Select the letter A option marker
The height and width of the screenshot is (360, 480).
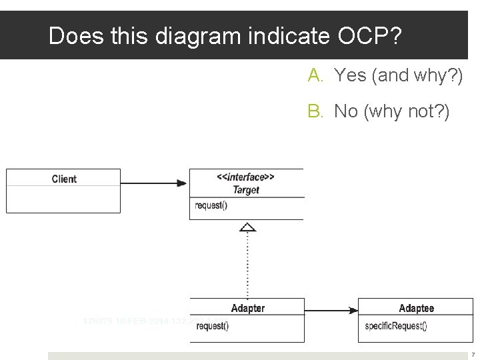click(x=315, y=75)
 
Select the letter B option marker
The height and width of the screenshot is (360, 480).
click(x=315, y=111)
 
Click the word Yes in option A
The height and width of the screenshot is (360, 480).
click(x=351, y=75)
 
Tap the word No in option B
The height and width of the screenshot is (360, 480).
click(x=346, y=111)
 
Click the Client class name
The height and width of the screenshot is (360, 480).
click(x=64, y=179)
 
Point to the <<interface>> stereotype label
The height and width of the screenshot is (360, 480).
click(x=245, y=177)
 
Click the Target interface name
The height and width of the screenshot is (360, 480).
click(x=246, y=190)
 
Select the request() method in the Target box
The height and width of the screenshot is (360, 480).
click(x=211, y=205)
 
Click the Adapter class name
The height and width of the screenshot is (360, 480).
click(x=247, y=308)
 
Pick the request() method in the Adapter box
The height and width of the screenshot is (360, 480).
click(x=213, y=326)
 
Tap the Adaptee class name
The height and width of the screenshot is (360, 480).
click(x=416, y=308)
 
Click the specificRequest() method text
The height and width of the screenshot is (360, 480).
click(x=396, y=326)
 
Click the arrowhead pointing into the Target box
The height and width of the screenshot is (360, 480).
click(x=183, y=183)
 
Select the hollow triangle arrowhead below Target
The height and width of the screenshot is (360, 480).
click(x=247, y=227)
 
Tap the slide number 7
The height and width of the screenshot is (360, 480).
click(x=473, y=355)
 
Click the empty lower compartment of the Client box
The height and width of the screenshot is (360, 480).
click(x=63, y=199)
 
